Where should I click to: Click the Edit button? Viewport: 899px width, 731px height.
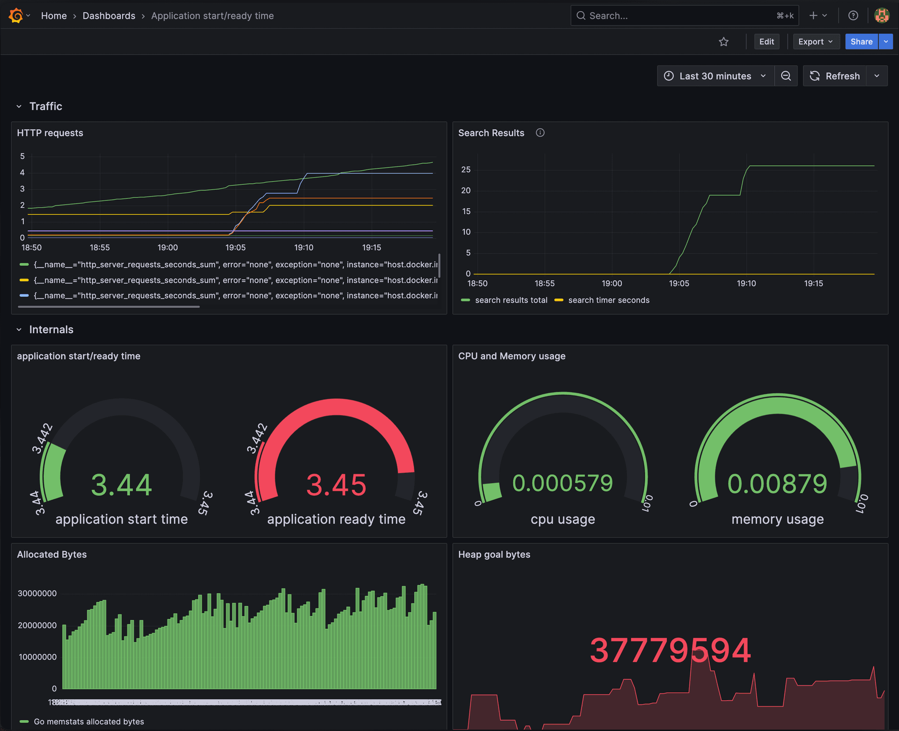pyautogui.click(x=766, y=42)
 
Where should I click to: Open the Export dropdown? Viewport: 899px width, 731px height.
pyautogui.click(x=815, y=42)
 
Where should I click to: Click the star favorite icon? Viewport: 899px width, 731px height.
pyautogui.click(x=723, y=42)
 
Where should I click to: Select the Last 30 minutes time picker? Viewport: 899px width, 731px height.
pyautogui.click(x=715, y=76)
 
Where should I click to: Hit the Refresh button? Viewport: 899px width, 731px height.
pyautogui.click(x=835, y=76)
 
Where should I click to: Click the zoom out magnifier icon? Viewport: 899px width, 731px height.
pyautogui.click(x=786, y=76)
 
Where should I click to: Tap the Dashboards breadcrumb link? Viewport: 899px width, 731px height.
pyautogui.click(x=109, y=15)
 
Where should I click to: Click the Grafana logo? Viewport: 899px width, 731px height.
pyautogui.click(x=16, y=15)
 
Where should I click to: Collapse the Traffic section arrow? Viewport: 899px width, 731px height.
pyautogui.click(x=19, y=106)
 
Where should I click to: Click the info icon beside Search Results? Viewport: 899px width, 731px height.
pyautogui.click(x=540, y=133)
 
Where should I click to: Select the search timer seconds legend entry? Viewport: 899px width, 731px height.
pyautogui.click(x=608, y=300)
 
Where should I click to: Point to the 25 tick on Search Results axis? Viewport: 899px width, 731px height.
pyautogui.click(x=465, y=169)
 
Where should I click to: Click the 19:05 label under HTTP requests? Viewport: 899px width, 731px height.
pyautogui.click(x=235, y=247)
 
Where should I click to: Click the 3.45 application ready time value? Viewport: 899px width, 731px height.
pyautogui.click(x=336, y=484)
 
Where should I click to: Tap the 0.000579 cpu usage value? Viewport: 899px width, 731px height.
pyautogui.click(x=562, y=483)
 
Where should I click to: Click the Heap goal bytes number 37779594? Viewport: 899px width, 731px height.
pyautogui.click(x=670, y=650)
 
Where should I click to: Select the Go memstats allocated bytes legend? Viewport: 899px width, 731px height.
pyautogui.click(x=88, y=721)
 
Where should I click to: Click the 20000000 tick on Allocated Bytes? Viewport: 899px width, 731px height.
pyautogui.click(x=37, y=625)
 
